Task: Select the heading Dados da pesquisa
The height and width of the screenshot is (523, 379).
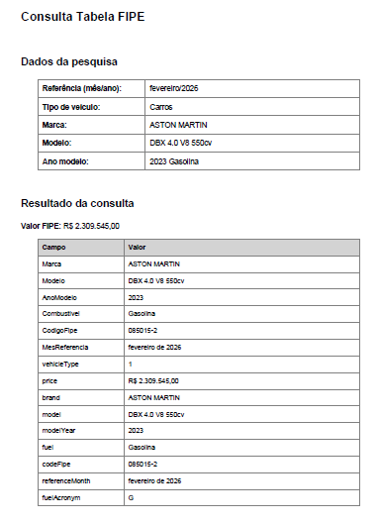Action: click(69, 62)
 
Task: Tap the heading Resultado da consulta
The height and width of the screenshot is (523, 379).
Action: click(77, 204)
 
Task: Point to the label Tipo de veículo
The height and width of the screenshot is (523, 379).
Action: click(72, 107)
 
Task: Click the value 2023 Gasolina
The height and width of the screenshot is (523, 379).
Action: click(176, 161)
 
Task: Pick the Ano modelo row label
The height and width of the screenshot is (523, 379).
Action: click(66, 161)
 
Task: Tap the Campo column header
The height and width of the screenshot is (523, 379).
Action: click(53, 248)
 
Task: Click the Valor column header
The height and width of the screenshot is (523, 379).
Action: click(138, 248)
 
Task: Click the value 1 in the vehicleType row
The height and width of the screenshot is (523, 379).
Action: click(131, 364)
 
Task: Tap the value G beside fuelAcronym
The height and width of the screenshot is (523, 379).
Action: click(132, 496)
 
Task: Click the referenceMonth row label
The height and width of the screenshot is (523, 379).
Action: click(65, 479)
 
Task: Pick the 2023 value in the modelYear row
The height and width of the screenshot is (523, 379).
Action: click(137, 430)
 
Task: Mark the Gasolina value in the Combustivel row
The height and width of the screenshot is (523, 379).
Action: click(144, 314)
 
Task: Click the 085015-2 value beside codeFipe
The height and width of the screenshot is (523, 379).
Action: click(143, 464)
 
